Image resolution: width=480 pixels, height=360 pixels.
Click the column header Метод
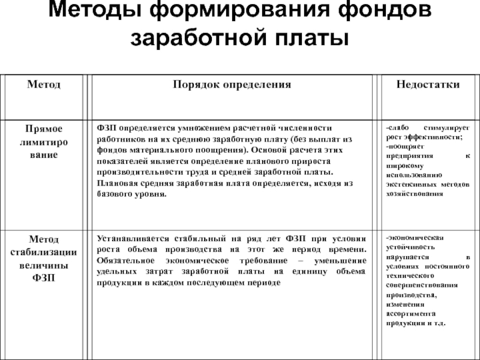pos(43,85)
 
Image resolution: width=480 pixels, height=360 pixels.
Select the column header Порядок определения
pos(232,85)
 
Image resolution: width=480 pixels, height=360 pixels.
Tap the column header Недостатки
pos(428,85)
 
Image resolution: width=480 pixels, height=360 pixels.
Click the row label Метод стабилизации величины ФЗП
pos(43,258)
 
